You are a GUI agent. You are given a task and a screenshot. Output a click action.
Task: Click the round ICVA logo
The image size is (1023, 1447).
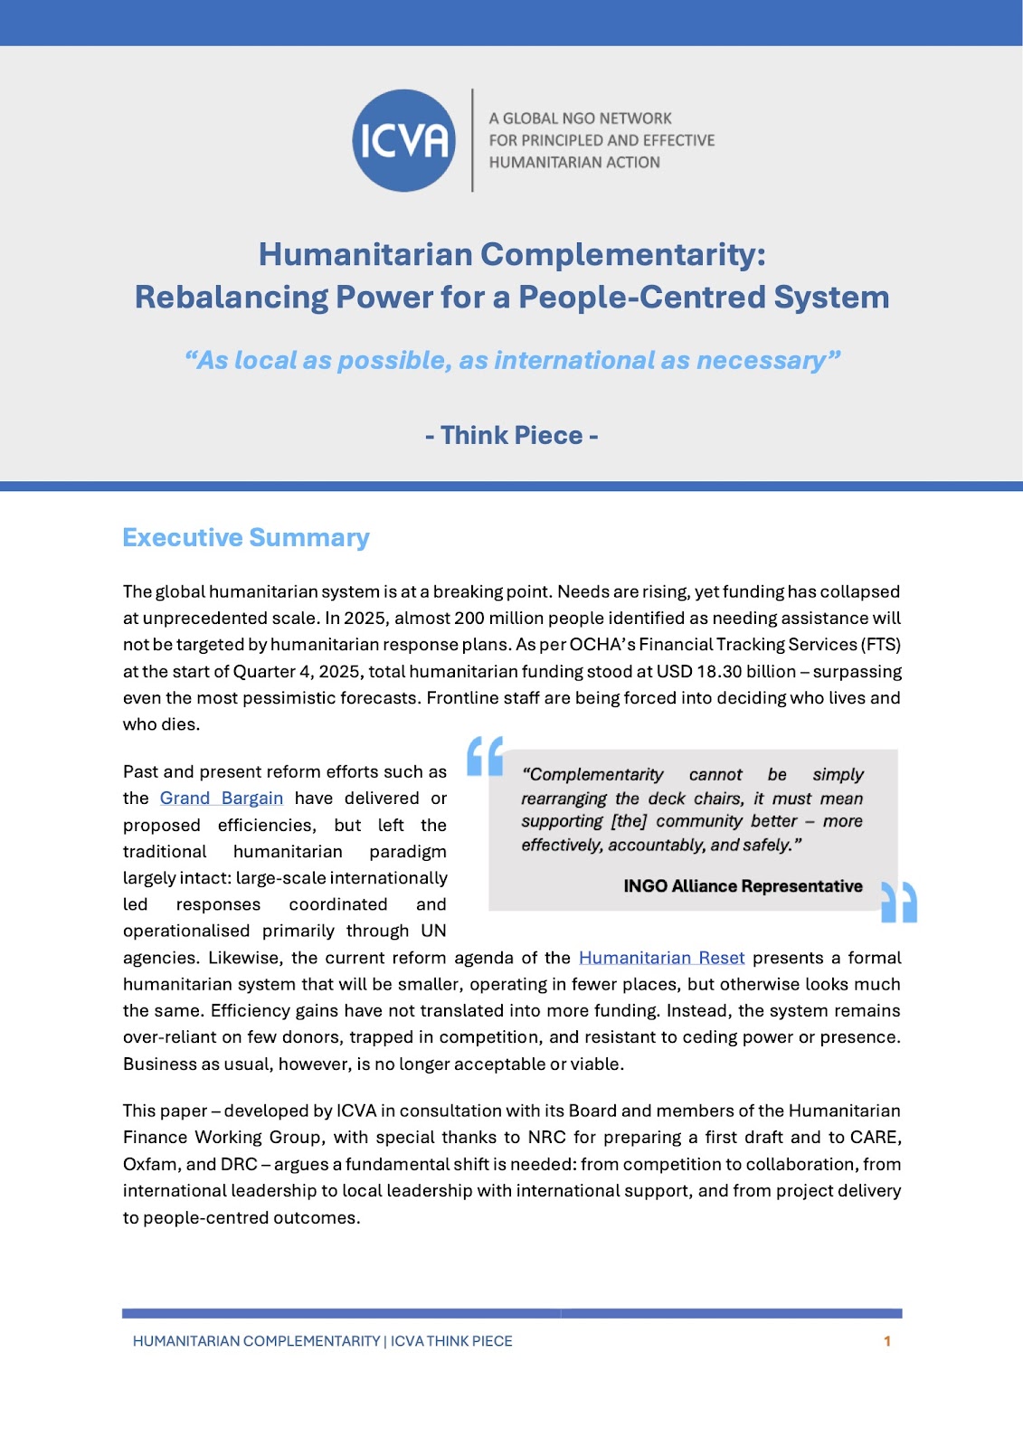(x=403, y=140)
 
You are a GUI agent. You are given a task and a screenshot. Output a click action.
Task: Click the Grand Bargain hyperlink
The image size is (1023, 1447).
(x=222, y=799)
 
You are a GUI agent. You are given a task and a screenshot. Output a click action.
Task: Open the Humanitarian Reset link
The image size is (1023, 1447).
(x=661, y=958)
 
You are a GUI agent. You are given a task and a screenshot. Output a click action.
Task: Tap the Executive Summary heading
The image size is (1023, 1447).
(x=246, y=537)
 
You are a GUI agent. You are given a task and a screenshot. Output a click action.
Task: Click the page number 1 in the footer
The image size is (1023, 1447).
(x=887, y=1341)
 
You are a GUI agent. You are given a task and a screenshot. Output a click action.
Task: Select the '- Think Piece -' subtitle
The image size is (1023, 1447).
(x=511, y=435)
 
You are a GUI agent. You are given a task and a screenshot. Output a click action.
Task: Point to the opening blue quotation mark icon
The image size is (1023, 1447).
(x=485, y=756)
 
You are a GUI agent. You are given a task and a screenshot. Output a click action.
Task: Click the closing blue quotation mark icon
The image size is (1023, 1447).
(x=899, y=902)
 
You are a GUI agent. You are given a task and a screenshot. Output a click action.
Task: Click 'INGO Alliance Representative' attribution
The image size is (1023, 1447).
(x=743, y=886)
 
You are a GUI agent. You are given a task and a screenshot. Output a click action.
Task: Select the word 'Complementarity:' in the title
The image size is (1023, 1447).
(x=623, y=254)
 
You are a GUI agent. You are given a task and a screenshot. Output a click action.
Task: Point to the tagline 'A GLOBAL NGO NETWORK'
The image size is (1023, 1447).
(x=580, y=118)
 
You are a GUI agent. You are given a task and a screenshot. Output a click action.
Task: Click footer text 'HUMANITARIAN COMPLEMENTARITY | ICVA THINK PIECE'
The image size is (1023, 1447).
(x=322, y=1341)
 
